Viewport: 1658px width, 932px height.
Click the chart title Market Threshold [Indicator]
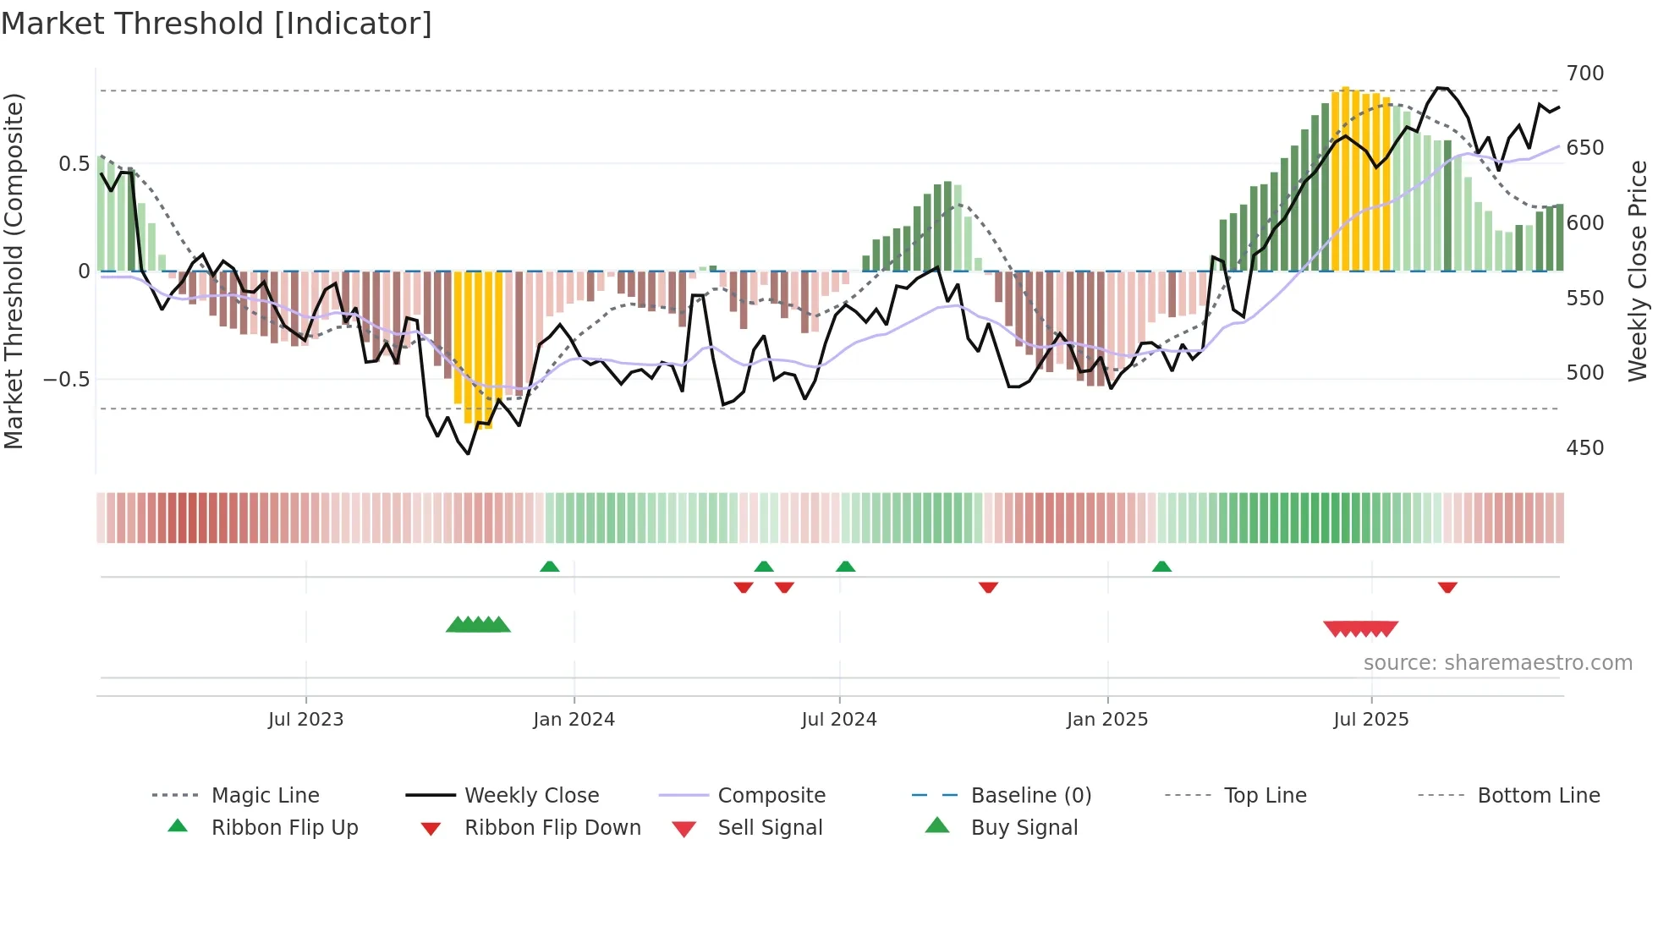(217, 24)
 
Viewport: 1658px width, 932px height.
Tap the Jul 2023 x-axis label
(305, 720)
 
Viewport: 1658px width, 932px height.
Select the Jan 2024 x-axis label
(574, 720)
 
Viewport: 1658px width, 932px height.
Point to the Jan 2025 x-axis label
(1106, 720)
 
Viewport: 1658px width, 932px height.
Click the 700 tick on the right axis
(1584, 74)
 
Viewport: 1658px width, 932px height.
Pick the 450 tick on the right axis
(1584, 448)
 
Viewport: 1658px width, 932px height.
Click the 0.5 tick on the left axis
(74, 164)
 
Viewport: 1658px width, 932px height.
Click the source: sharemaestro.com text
(1497, 663)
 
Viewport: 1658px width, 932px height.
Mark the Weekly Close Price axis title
(1638, 271)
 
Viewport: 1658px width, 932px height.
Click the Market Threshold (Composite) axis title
(14, 271)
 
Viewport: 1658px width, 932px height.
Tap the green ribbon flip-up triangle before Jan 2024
(550, 567)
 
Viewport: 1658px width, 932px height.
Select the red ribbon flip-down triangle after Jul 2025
(1447, 587)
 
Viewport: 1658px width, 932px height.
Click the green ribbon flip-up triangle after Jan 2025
(1161, 567)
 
